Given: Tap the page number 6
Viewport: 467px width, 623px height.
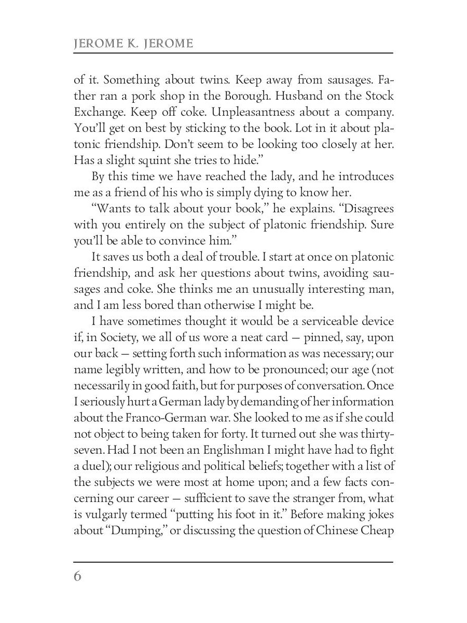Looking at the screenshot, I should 78,577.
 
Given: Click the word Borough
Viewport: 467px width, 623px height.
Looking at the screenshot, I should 239,96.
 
